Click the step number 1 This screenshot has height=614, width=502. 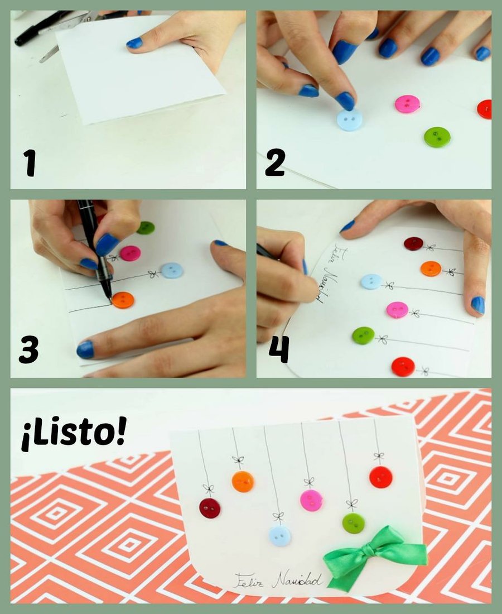(30, 164)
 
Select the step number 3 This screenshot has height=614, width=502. (28, 351)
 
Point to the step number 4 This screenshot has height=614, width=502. (279, 349)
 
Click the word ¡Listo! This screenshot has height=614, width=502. (74, 435)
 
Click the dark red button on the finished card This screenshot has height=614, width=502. (210, 508)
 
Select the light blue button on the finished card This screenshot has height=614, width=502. (280, 536)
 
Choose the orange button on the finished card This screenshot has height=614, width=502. (243, 481)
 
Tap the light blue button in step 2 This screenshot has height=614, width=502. (349, 119)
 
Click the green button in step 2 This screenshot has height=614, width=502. (437, 137)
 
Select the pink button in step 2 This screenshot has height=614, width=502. (407, 103)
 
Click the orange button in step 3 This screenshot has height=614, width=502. (123, 300)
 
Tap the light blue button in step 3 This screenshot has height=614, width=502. (172, 271)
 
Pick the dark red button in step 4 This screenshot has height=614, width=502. (413, 243)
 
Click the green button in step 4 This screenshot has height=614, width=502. (363, 335)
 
